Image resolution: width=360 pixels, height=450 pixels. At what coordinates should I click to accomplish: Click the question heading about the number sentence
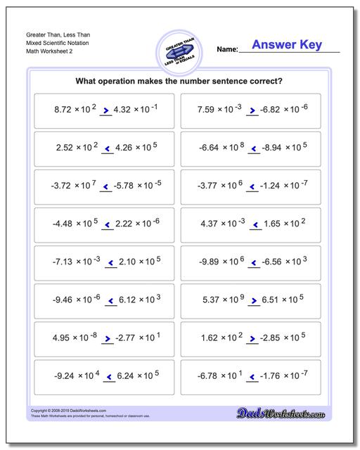pyautogui.click(x=179, y=81)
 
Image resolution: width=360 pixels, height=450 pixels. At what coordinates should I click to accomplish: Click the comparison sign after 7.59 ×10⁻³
pyautogui.click(x=252, y=110)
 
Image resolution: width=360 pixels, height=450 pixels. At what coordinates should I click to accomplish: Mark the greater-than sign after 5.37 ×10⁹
pyautogui.click(x=252, y=300)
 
